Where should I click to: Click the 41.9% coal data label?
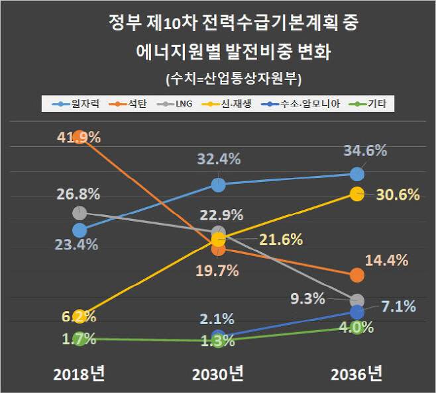pos(78,138)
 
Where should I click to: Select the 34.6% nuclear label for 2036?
pos(365,150)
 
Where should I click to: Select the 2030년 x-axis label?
pos(218,374)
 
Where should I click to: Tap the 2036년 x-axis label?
pos(356,374)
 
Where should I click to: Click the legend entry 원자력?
pos(80,103)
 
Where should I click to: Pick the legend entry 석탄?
pos(134,103)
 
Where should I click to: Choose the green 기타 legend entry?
pos(374,103)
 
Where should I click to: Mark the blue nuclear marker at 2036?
pos(356,174)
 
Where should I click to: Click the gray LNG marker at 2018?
pos(80,212)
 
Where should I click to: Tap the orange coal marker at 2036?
pos(356,275)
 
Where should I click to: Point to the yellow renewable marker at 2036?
pos(356,193)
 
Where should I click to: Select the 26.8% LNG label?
pos(78,195)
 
